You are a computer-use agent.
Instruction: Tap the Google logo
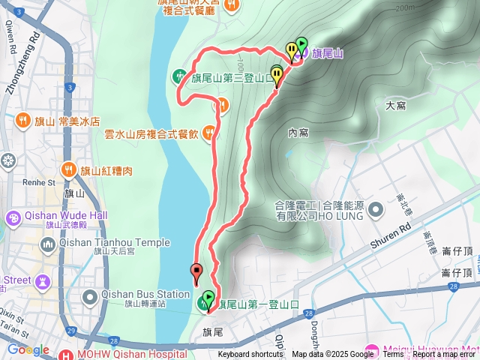click(28, 349)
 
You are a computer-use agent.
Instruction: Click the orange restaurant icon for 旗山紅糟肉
click(70, 169)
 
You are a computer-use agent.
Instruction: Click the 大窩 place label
click(395, 106)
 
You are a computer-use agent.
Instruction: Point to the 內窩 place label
click(298, 132)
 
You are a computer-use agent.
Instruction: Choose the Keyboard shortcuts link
click(250, 355)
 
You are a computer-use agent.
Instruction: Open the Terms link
click(394, 355)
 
